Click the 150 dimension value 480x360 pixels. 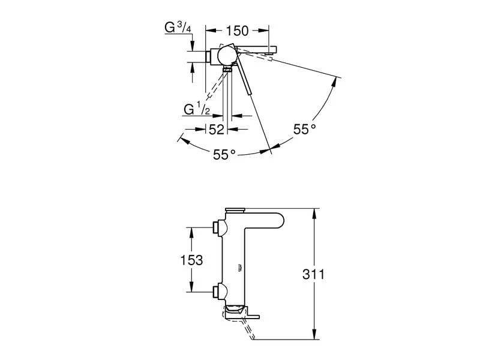pos(237,31)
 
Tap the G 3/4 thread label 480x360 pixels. pos(178,28)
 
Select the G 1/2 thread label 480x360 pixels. pos(197,109)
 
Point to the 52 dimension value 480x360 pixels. pos(217,130)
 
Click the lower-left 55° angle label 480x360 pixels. pos(224,154)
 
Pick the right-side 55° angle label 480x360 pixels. pos(305,129)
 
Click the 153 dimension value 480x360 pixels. pos(191,260)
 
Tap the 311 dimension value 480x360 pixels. pos(313,274)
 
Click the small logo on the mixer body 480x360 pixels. pos(239,268)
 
